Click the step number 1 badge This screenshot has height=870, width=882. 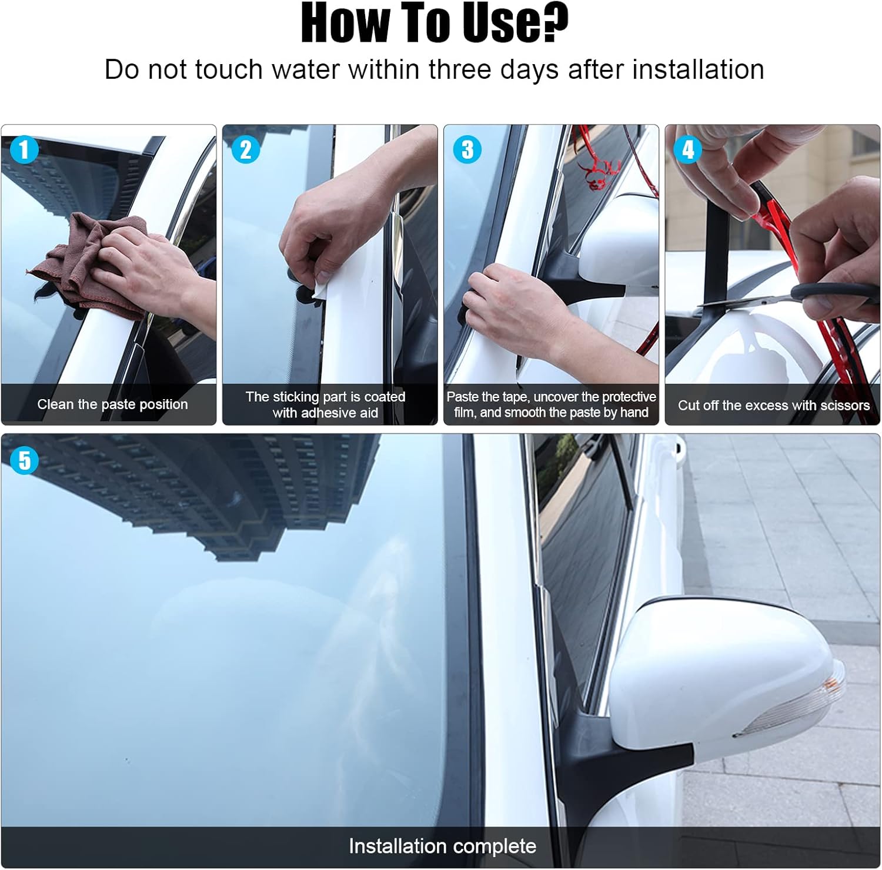point(24,150)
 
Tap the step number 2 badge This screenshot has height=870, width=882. point(246,150)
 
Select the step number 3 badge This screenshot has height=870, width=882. point(467,150)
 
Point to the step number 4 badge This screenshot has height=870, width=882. point(688,150)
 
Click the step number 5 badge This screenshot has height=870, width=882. point(24,460)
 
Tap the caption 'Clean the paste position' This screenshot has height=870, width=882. point(112,404)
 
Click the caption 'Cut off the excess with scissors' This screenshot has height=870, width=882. point(773,406)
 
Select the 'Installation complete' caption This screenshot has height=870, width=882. point(442,846)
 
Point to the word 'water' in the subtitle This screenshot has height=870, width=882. point(305,69)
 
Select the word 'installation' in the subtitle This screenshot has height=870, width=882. point(698,69)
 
